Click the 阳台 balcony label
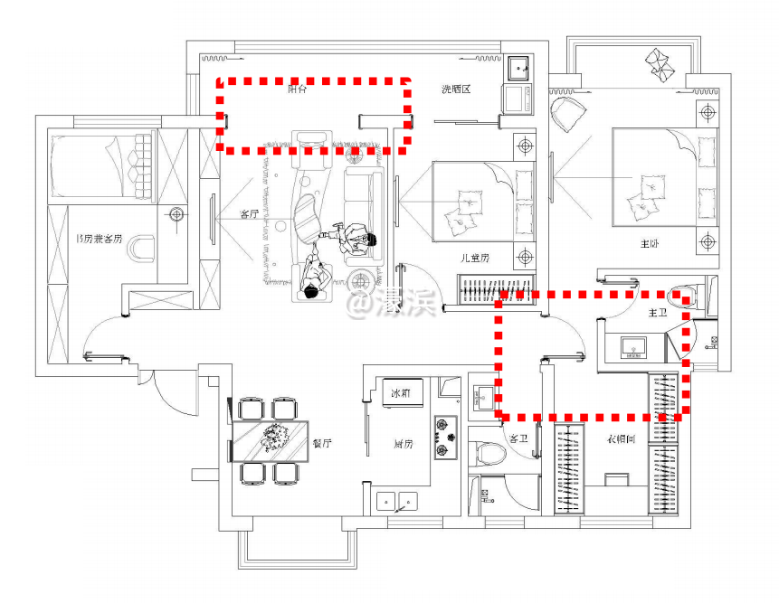click(x=297, y=89)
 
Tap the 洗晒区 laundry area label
click(x=457, y=89)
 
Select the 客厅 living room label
click(x=250, y=214)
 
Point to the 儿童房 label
click(x=474, y=258)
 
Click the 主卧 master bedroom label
click(x=651, y=243)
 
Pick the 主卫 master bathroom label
click(x=658, y=312)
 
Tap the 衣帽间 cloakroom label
click(x=620, y=438)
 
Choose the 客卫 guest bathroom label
click(x=518, y=438)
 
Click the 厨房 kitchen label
click(x=403, y=443)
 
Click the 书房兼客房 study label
click(x=100, y=239)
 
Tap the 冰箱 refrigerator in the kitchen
click(x=400, y=394)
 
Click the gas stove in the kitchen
click(x=446, y=436)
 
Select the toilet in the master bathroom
click(x=679, y=296)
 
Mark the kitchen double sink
click(x=396, y=499)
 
